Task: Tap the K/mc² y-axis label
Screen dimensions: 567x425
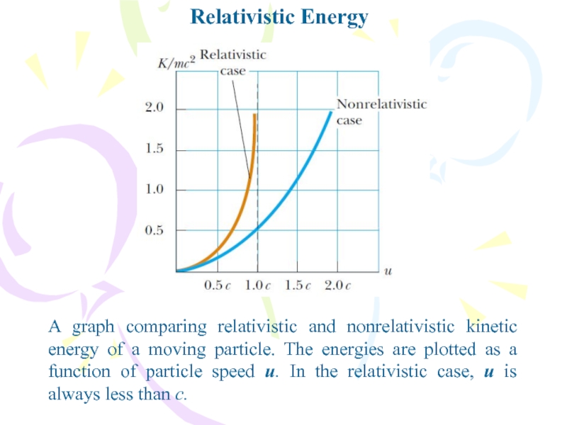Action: click(176, 62)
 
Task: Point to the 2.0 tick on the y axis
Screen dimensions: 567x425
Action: click(155, 108)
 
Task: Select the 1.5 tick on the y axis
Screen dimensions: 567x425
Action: click(155, 149)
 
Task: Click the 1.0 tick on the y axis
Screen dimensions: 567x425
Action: click(155, 189)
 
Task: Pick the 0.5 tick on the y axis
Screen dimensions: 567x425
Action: click(155, 230)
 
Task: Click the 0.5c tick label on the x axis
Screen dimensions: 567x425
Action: click(217, 285)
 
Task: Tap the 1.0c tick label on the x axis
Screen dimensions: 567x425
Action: click(257, 285)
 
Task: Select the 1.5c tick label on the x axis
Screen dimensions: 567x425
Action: click(298, 285)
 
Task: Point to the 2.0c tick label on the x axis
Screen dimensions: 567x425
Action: click(338, 285)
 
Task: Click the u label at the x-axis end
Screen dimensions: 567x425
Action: click(388, 271)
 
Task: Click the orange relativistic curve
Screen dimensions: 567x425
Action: click(242, 210)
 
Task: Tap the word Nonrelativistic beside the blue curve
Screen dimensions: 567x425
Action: click(382, 104)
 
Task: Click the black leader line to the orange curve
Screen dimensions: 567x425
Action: click(241, 129)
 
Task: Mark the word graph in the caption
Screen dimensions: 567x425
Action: click(94, 328)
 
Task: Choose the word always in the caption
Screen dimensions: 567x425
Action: click(74, 395)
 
